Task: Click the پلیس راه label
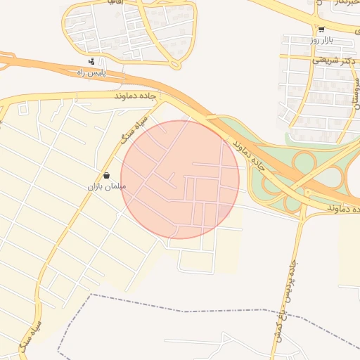pyautogui.click(x=91, y=72)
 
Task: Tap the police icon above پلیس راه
pyautogui.click(x=91, y=62)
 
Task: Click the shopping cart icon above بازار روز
pyautogui.click(x=321, y=30)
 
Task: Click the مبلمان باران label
pyautogui.click(x=105, y=186)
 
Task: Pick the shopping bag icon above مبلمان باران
pyautogui.click(x=105, y=175)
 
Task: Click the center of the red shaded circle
pyautogui.click(x=180, y=179)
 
